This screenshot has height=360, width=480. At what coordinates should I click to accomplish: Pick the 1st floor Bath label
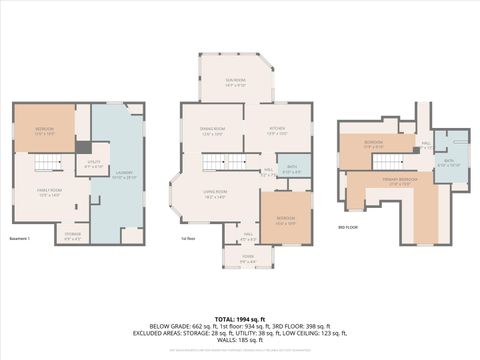(292, 170)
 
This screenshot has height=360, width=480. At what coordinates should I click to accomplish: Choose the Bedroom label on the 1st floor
(286, 220)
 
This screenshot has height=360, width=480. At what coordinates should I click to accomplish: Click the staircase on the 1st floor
(240, 161)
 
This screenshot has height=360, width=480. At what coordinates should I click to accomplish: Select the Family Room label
(50, 192)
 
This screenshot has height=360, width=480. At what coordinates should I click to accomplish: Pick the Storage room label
(73, 237)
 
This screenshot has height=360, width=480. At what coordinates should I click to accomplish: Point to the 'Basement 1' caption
(20, 238)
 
